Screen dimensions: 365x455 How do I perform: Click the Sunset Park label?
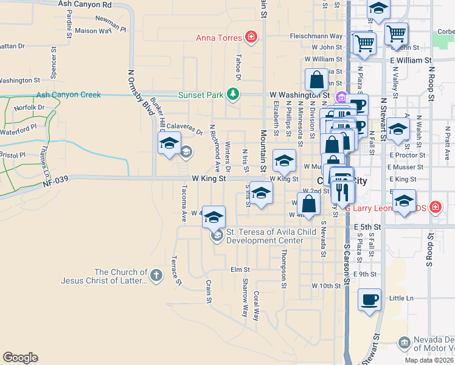coord(200,95)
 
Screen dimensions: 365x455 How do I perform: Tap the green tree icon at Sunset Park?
coord(232,94)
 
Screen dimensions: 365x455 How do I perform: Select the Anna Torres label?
coord(219,38)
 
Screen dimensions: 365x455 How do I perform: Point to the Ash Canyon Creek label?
coord(68,95)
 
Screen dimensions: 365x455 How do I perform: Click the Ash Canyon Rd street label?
coord(87,4)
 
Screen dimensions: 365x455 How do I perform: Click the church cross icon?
coord(156,276)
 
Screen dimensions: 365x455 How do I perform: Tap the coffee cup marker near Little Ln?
coord(370,301)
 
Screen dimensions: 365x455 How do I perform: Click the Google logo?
coord(20,358)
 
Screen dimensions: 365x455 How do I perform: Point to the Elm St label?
coord(240,269)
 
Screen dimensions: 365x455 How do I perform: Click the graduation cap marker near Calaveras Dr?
coord(168,144)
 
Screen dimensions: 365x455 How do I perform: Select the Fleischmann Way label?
coord(316,36)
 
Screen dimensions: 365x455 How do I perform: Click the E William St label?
coord(411,61)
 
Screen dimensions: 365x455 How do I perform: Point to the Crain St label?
coord(208,291)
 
